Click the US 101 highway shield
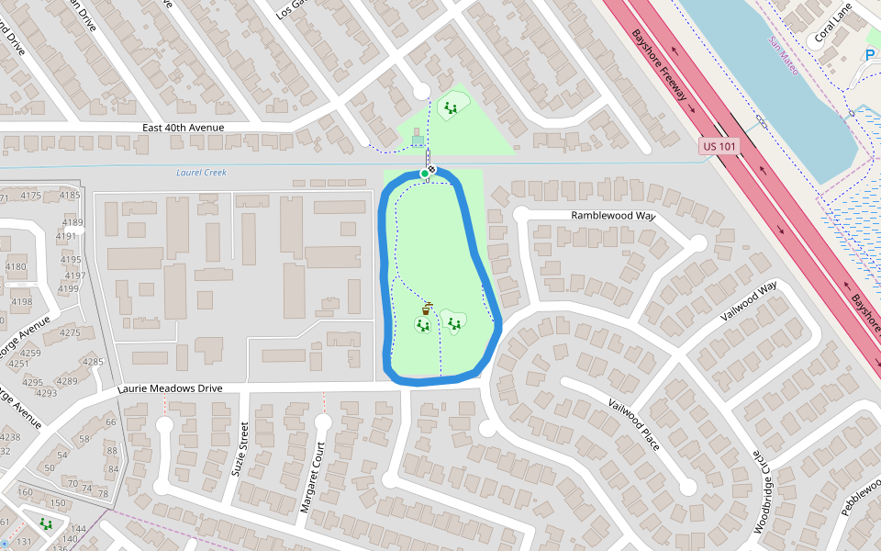719,146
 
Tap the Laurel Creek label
201,173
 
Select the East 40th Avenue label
184,128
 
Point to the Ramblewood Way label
613,215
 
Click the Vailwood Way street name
749,300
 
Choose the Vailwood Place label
634,424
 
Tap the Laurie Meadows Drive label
171,388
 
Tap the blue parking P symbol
870,56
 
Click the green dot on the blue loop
424,173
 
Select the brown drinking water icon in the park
426,309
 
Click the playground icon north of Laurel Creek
451,107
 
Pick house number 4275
70,332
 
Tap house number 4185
70,196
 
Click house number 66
110,422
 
